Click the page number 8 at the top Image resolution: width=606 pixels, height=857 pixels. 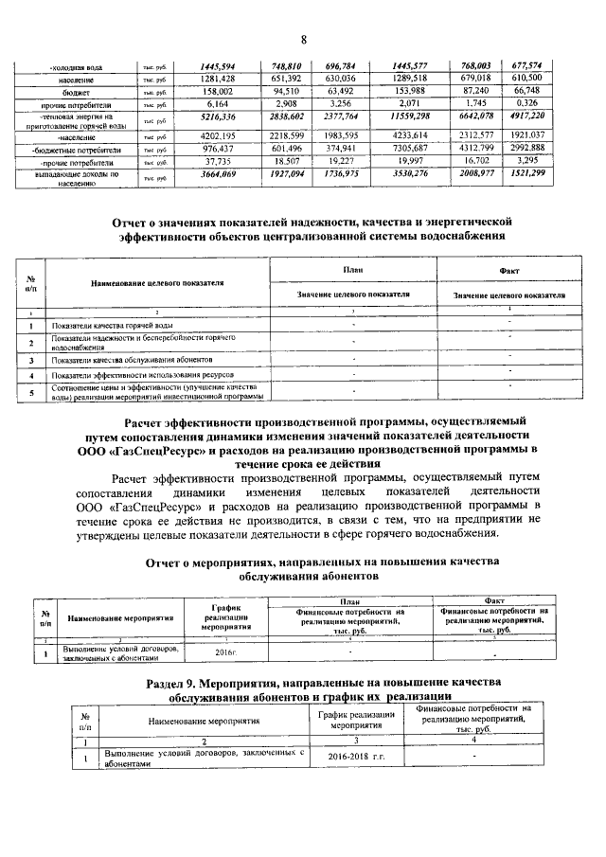[304, 39]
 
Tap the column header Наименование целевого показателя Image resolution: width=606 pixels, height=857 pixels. [157, 282]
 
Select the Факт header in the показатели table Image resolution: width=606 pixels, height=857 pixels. [503, 270]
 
